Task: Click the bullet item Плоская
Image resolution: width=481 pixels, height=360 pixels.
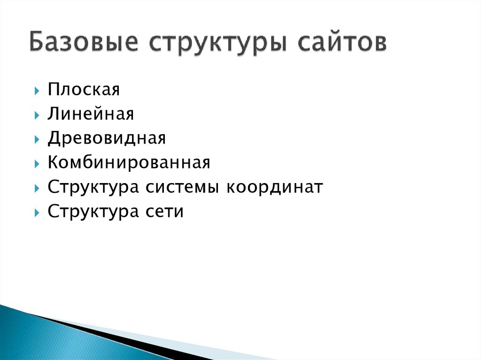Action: pyautogui.click(x=84, y=89)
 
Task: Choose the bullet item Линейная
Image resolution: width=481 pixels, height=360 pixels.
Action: pyautogui.click(x=91, y=114)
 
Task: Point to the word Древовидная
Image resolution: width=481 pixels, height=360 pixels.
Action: pyautogui.click(x=107, y=138)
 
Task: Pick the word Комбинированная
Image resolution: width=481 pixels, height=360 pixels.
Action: pyautogui.click(x=129, y=162)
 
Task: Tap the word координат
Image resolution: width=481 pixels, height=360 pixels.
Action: pyautogui.click(x=275, y=187)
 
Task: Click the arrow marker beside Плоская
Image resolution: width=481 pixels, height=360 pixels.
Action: pyautogui.click(x=37, y=90)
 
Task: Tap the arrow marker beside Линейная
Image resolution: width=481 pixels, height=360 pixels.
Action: pyautogui.click(x=37, y=115)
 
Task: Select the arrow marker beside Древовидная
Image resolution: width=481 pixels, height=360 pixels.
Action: pyautogui.click(x=37, y=139)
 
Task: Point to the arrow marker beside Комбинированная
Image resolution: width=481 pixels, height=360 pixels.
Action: pyautogui.click(x=37, y=163)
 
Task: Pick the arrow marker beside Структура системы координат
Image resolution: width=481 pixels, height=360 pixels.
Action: pyautogui.click(x=37, y=188)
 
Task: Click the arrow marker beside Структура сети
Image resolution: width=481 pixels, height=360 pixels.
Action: pyautogui.click(x=37, y=213)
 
